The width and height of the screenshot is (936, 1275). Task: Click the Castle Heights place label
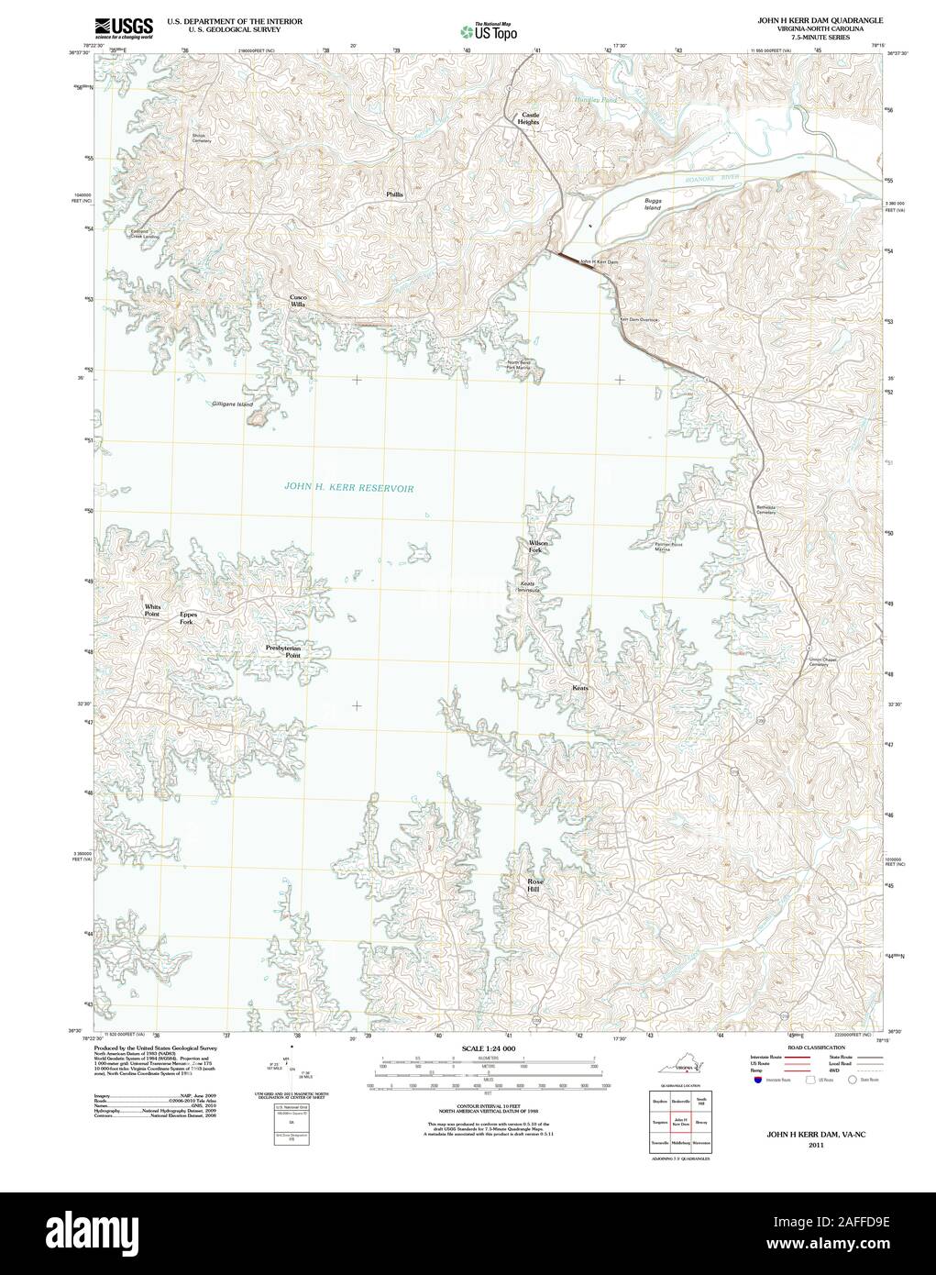click(529, 118)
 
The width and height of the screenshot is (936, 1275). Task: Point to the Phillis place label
click(394, 195)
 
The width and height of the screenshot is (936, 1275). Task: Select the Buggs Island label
click(653, 204)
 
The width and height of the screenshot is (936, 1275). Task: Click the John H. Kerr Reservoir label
click(348, 489)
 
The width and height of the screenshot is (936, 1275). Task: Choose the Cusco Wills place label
click(298, 300)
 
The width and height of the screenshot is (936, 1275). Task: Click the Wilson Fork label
click(538, 547)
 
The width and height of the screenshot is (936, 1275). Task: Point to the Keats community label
click(580, 688)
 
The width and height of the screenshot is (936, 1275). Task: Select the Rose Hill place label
click(535, 884)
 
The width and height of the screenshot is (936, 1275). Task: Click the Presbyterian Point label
click(283, 652)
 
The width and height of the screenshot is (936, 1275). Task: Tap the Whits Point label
click(151, 610)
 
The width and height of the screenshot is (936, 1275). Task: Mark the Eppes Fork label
click(187, 618)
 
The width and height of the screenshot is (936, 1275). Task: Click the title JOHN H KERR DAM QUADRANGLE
click(820, 18)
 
